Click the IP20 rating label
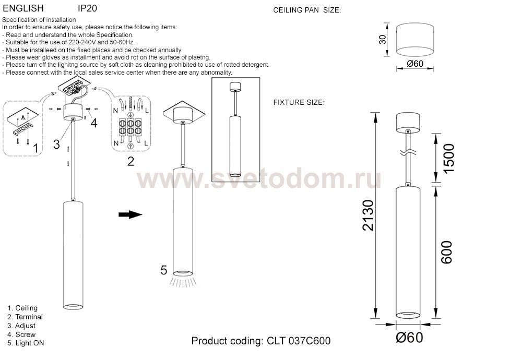coord(87,8)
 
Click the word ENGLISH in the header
coord(23,8)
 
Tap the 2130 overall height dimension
coord(369,215)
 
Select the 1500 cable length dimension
coord(448,159)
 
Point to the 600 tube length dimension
coord(447,252)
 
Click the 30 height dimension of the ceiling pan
coord(383,40)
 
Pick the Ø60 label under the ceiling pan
coord(415,64)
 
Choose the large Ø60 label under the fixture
coord(409,338)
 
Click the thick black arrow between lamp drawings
coord(130,214)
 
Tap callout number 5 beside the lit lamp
coord(163,270)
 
